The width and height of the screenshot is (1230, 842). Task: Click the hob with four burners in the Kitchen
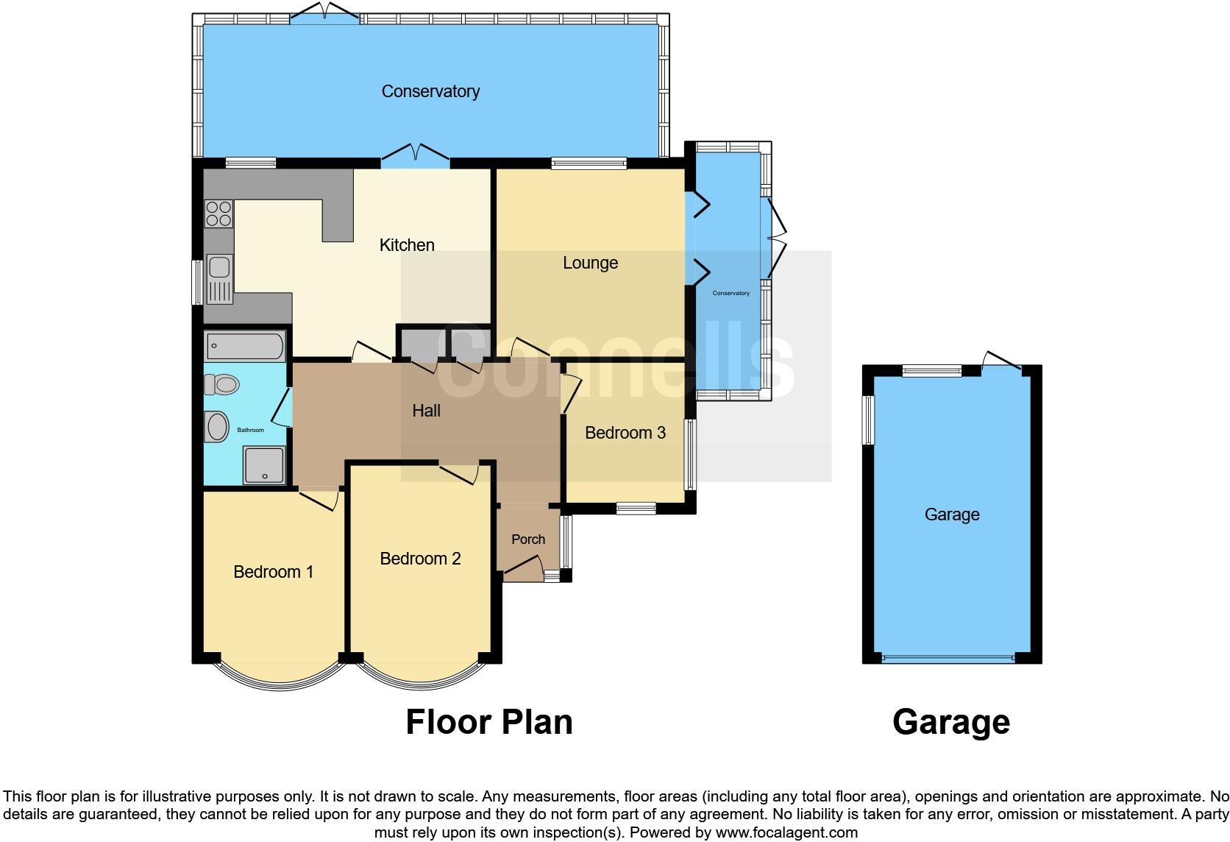click(218, 213)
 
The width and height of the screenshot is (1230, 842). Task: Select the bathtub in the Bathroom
click(245, 346)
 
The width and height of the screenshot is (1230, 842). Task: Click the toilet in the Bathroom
click(222, 384)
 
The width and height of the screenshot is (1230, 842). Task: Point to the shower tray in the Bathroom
click(263, 465)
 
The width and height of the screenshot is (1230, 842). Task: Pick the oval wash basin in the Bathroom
click(217, 426)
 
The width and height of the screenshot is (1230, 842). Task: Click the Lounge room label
click(590, 263)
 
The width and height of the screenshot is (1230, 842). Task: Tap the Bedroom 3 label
click(625, 433)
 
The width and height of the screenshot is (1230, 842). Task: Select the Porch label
click(528, 539)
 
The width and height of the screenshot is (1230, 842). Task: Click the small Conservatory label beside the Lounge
click(730, 293)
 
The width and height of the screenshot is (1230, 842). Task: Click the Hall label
click(426, 411)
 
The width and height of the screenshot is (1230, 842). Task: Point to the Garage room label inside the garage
click(951, 514)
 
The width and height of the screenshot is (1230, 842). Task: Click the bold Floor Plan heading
click(489, 722)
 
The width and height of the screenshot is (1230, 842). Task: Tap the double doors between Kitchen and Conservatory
click(416, 156)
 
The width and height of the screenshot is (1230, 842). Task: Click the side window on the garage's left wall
click(869, 420)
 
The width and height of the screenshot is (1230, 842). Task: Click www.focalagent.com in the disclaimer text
click(786, 833)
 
